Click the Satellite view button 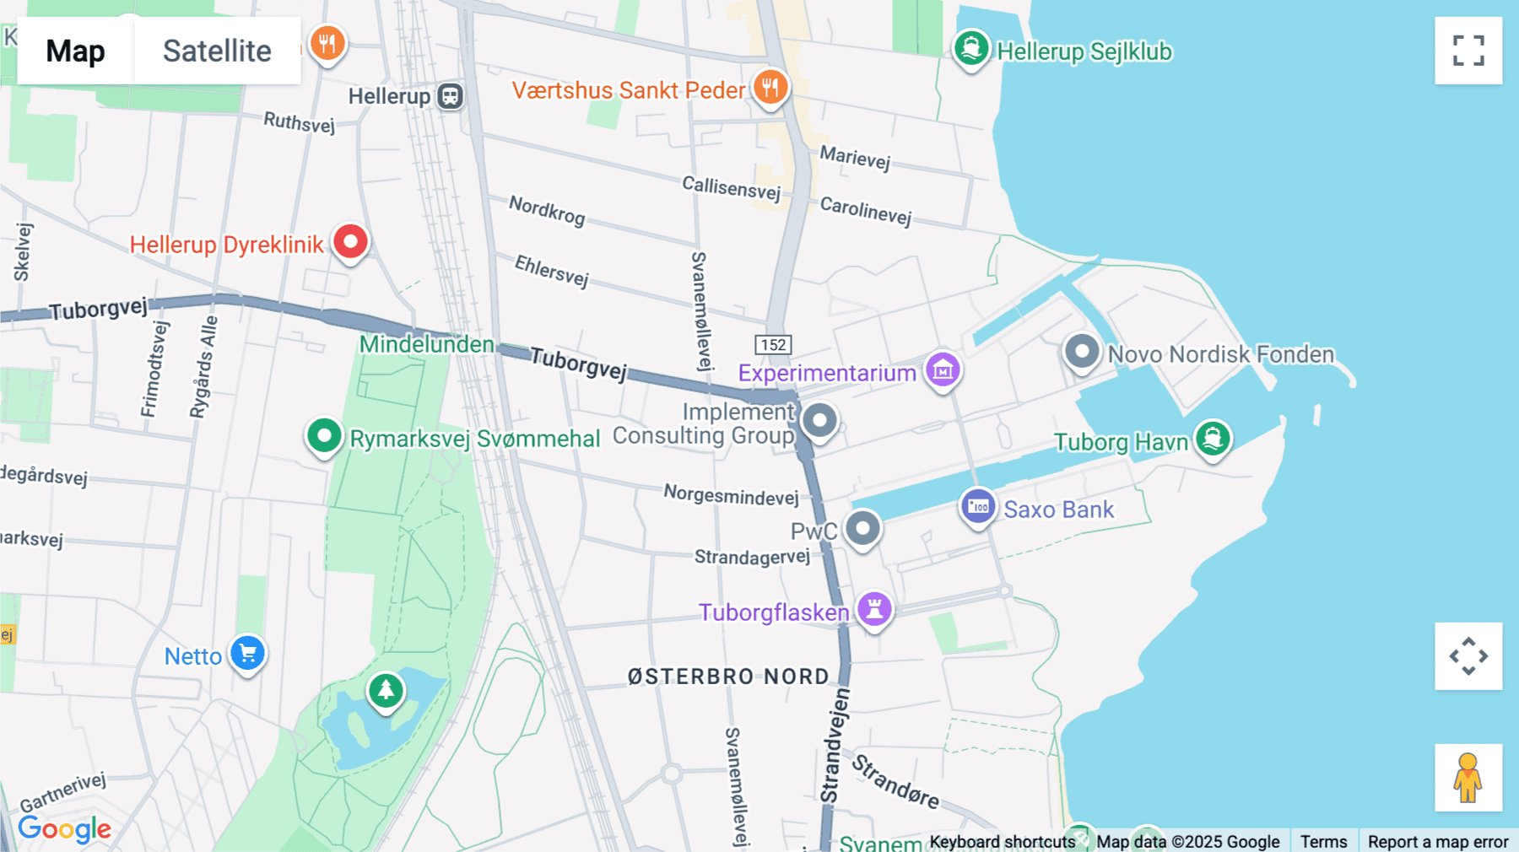click(217, 51)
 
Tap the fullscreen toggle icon click(1468, 51)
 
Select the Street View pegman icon click(1468, 777)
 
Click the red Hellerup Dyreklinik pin click(350, 242)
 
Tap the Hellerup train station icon click(451, 96)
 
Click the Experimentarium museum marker click(943, 369)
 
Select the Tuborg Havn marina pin click(1213, 438)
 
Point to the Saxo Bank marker click(978, 506)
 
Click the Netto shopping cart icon click(248, 653)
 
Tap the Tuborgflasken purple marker click(874, 608)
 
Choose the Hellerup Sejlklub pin click(971, 48)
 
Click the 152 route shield click(773, 344)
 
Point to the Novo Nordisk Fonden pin click(1081, 351)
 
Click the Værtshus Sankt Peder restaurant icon click(770, 86)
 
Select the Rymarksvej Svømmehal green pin click(324, 436)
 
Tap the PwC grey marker click(862, 529)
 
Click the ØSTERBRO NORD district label click(728, 677)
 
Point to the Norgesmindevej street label click(731, 495)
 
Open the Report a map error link click(1438, 841)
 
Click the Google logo click(64, 828)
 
